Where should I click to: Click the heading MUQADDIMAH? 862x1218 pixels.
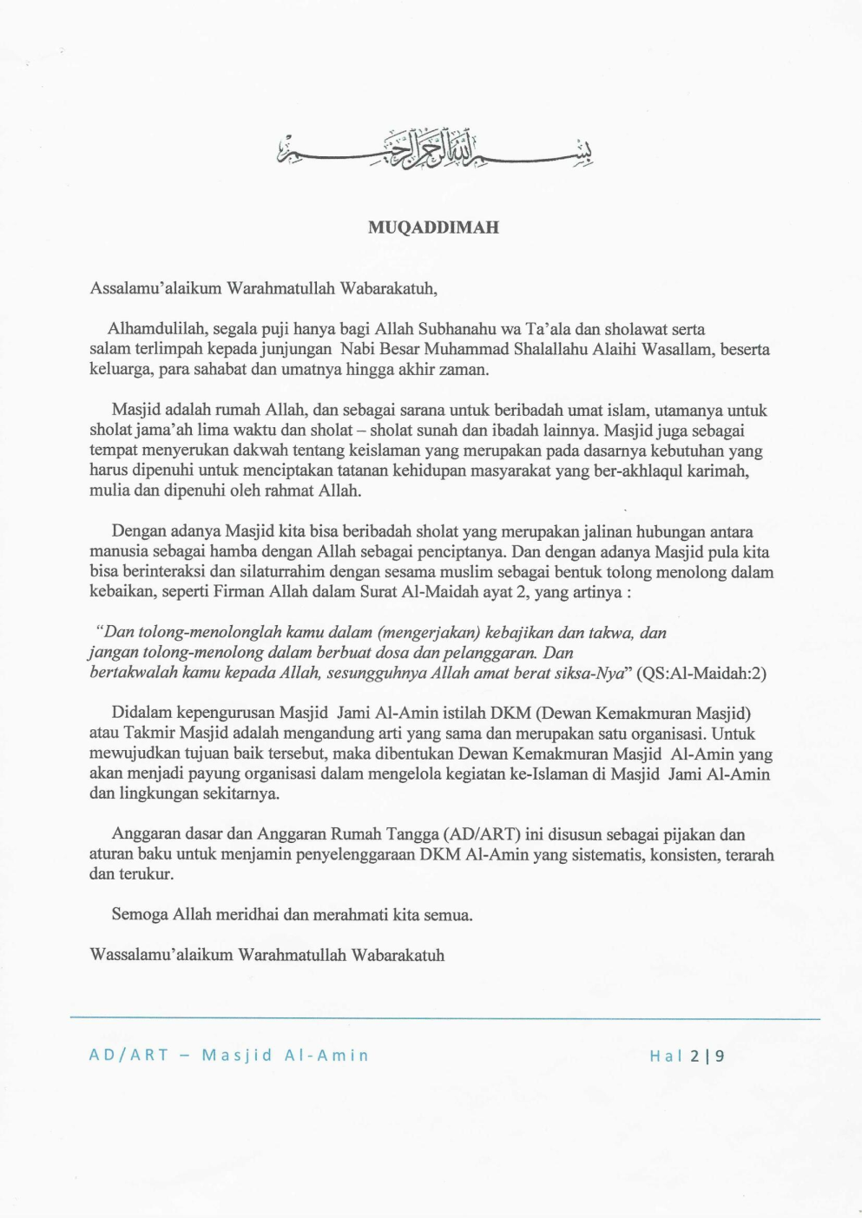(x=433, y=227)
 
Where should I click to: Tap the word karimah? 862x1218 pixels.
(x=717, y=471)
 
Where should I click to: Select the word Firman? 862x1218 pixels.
(x=233, y=592)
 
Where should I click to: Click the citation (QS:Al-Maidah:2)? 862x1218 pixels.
(x=701, y=673)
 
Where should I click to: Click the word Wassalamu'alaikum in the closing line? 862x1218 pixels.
(x=161, y=955)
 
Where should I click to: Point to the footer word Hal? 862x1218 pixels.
(x=666, y=1056)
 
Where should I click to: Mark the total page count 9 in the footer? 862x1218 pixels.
(x=721, y=1056)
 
